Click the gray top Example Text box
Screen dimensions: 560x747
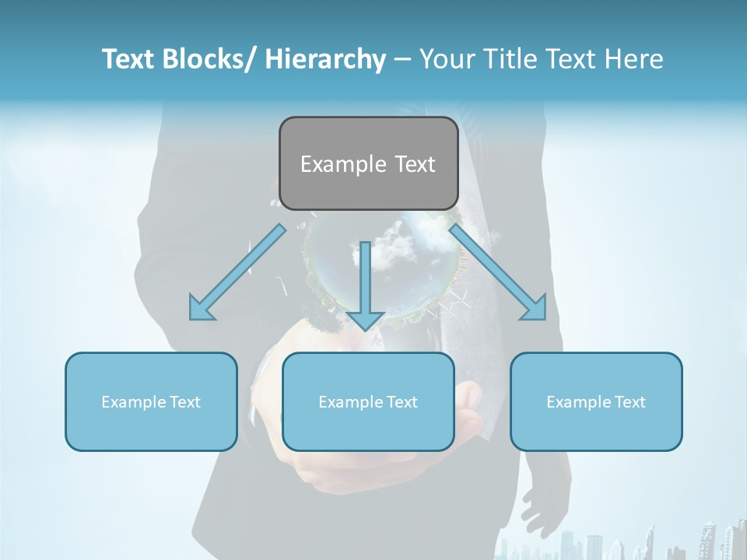[368, 163]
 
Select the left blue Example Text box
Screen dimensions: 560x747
[151, 401]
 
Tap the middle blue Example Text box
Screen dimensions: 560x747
[368, 401]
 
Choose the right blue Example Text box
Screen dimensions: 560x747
[596, 401]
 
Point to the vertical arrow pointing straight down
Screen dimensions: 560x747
[365, 284]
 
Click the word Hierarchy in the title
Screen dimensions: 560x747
[324, 59]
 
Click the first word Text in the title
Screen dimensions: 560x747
[127, 59]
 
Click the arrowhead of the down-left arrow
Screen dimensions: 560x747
[202, 308]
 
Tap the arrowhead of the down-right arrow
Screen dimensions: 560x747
[534, 307]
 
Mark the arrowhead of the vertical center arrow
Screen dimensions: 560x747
[365, 319]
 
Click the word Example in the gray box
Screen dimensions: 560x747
[333, 163]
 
